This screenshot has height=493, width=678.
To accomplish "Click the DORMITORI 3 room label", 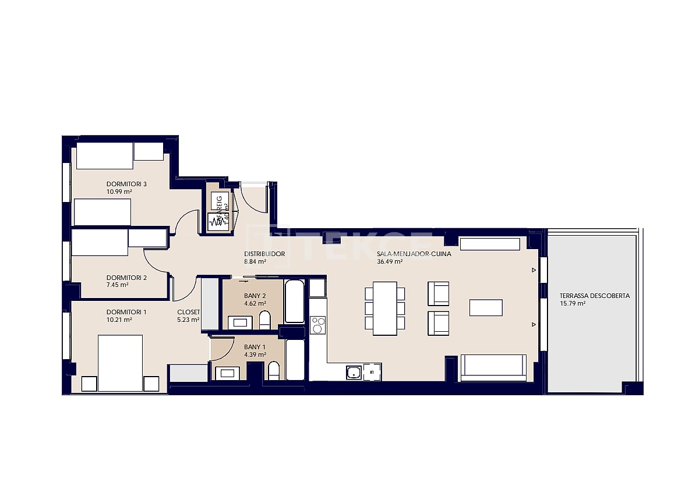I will pos(126,185).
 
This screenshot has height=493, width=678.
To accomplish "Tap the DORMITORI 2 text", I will pos(126,278).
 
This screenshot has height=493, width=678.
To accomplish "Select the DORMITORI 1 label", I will pos(126,312).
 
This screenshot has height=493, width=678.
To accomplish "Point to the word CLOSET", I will pos(188,312).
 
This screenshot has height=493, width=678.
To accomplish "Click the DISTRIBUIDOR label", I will pos(264,254).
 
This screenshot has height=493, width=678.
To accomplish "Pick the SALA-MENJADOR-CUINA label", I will pos(414,254).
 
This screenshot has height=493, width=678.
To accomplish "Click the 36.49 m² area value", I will pos(390,262).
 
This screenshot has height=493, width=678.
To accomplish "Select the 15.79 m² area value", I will pos(573,303).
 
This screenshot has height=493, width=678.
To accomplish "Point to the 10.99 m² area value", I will pos(119,191).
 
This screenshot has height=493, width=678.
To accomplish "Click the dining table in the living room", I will pos(384,308).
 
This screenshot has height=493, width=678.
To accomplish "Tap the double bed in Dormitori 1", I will pos(120,363).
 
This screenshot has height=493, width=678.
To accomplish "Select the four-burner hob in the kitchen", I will pos(318,325).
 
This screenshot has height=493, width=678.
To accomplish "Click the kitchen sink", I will pos(353,373).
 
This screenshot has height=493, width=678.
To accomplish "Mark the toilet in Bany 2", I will pos(264,320).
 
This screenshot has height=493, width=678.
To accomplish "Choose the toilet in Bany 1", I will pos(273,371).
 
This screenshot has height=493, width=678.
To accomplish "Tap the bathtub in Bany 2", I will pos(294,301).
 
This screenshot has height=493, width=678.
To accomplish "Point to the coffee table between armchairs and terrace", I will pos(486,307).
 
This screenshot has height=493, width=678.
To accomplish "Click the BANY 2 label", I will pos(255,296).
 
